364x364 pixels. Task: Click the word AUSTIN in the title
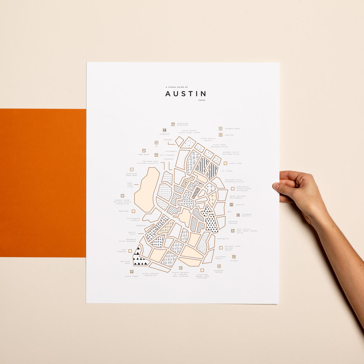185,94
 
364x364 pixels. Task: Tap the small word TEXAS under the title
202,100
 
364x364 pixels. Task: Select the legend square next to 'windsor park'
220,128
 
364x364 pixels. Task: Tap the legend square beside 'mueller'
220,135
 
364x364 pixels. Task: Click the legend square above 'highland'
165,130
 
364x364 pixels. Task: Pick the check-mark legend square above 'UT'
156,143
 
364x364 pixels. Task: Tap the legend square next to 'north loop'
225,163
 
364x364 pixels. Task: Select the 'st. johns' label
227,171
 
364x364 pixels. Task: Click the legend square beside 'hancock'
231,205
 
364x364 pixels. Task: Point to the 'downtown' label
124,211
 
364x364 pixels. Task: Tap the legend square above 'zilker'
234,256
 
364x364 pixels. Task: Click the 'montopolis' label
223,239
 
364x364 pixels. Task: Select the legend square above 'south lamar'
132,272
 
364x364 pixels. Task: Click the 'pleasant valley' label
219,271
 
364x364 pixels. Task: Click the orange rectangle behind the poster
43,183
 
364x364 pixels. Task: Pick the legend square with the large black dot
238,215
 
